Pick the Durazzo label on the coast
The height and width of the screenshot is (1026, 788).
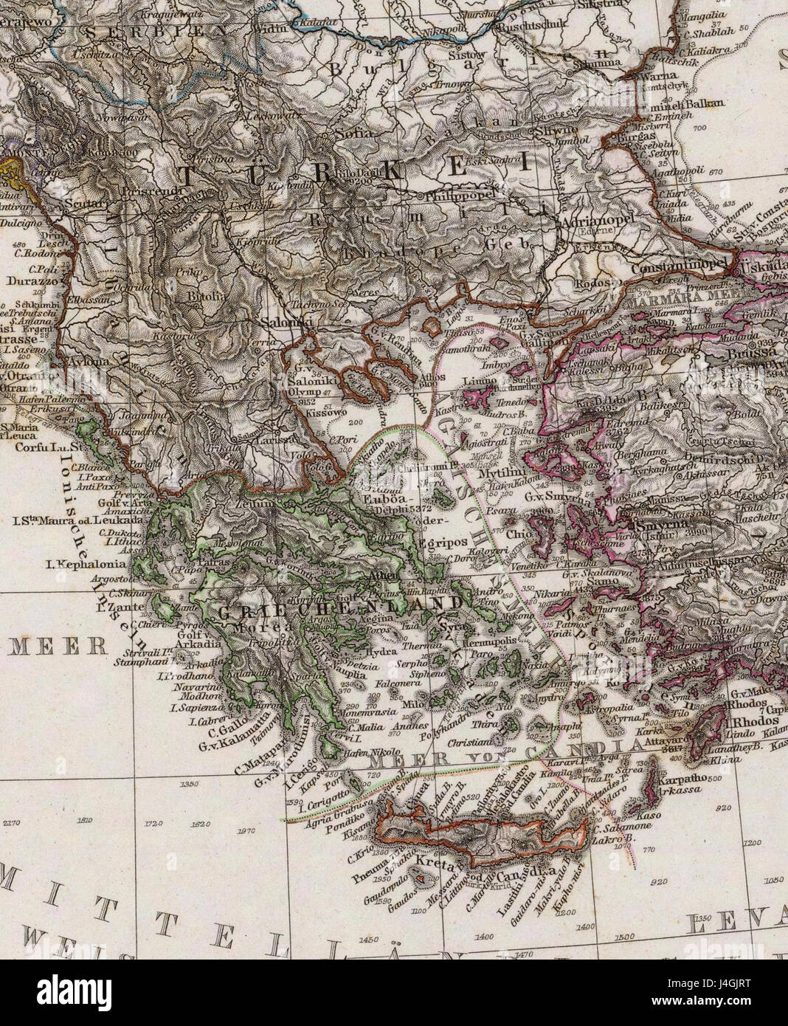(x=27, y=280)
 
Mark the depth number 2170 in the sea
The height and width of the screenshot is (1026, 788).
(x=13, y=819)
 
